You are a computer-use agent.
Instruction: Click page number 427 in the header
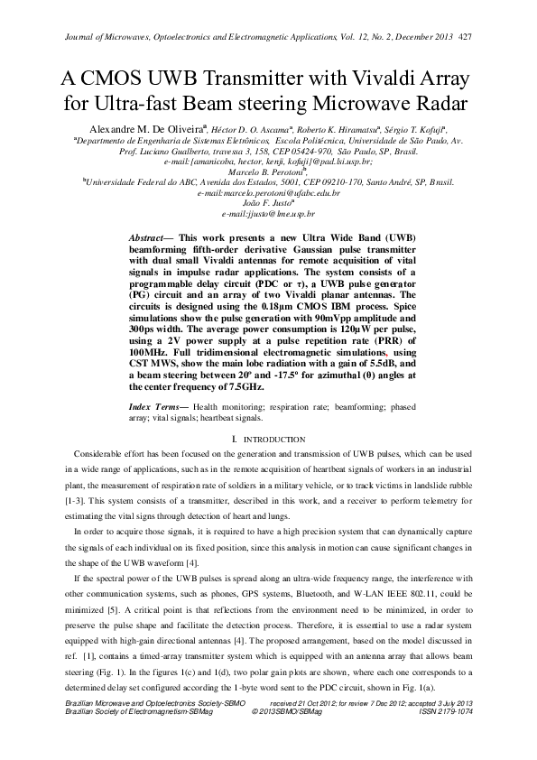[466, 38]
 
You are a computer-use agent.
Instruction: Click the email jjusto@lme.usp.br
[268, 216]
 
